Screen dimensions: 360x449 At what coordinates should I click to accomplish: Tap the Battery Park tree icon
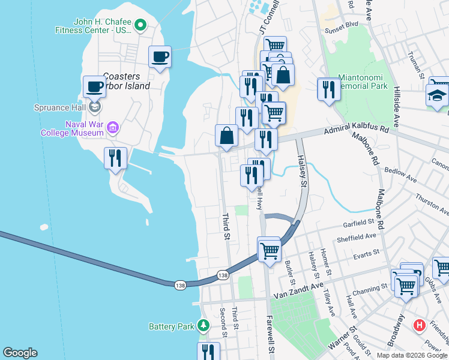coord(204,326)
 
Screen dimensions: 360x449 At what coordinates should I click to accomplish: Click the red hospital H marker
coord(419,326)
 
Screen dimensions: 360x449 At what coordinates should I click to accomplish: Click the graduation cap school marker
coord(437,94)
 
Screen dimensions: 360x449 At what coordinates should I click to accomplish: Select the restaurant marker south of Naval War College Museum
coord(115,158)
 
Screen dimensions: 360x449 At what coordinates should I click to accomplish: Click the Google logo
coord(20,353)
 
